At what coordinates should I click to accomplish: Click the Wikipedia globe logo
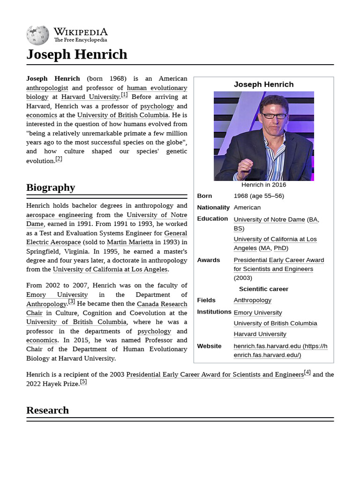pos(37,35)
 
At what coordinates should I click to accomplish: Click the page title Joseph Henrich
pos(76,54)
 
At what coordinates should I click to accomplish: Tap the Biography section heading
pos(51,187)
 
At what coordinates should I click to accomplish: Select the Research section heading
pos(47,410)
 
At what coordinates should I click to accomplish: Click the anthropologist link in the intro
pos(47,88)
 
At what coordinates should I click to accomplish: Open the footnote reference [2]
pos(59,159)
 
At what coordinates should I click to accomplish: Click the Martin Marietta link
pos(130,242)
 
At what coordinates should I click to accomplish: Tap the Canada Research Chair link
pos(162,304)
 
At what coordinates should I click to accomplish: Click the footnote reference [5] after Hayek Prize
pos(83,382)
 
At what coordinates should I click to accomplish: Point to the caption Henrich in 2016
pos(263,185)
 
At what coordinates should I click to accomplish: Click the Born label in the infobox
pos(204,196)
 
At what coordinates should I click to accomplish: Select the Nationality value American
pos(247,207)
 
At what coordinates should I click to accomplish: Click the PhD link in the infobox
pos(280,248)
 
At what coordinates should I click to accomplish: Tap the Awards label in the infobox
pos(208,260)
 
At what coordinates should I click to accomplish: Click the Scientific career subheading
pos(263,289)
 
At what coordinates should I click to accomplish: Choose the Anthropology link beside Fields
pos(252,300)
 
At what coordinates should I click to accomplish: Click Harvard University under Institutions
pos(260,334)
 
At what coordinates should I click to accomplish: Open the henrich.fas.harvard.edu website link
pos(280,350)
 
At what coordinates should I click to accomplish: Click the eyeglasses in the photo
pos(274,115)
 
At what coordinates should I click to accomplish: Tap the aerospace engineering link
pos(59,215)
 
